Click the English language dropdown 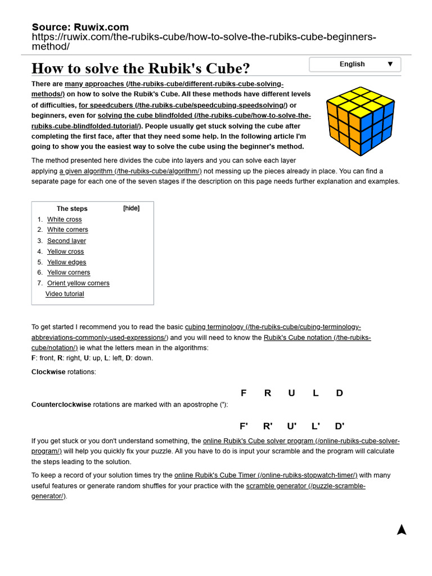pyautogui.click(x=355, y=64)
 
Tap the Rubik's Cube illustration pyautogui.click(x=360, y=121)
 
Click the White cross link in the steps pyautogui.click(x=64, y=219)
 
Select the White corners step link pyautogui.click(x=67, y=229)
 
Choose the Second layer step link pyautogui.click(x=66, y=241)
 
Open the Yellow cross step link pyautogui.click(x=65, y=251)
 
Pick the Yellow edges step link pyautogui.click(x=66, y=262)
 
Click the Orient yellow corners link pyautogui.click(x=78, y=283)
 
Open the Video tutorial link pyautogui.click(x=65, y=294)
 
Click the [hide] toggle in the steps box pyautogui.click(x=131, y=208)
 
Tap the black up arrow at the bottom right pyautogui.click(x=401, y=529)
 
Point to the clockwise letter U pyautogui.click(x=291, y=393)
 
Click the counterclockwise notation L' pyautogui.click(x=316, y=426)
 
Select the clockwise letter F pyautogui.click(x=244, y=393)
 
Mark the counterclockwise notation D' pyautogui.click(x=340, y=426)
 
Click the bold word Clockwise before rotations pyautogui.click(x=48, y=372)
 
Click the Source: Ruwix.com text pyautogui.click(x=80, y=27)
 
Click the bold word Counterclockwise pyautogui.click(x=61, y=404)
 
